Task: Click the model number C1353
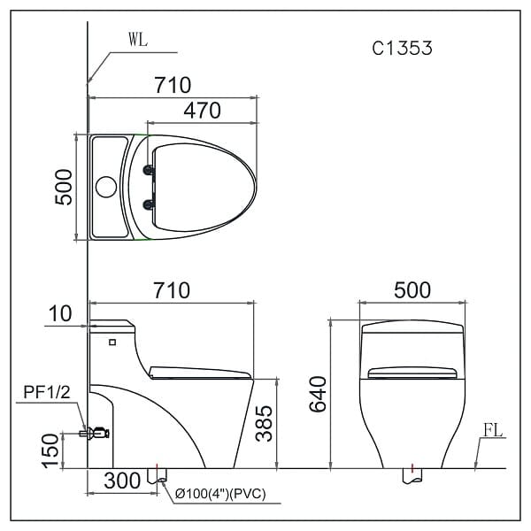[x=402, y=49]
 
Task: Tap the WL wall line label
[x=139, y=40]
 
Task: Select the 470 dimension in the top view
[x=201, y=111]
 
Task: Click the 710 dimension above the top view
[x=173, y=85]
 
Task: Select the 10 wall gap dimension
[x=61, y=313]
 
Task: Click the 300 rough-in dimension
[x=122, y=481]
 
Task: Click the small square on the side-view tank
[x=112, y=341]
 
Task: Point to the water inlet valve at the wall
[x=96, y=432]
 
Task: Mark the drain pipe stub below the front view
[x=412, y=475]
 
